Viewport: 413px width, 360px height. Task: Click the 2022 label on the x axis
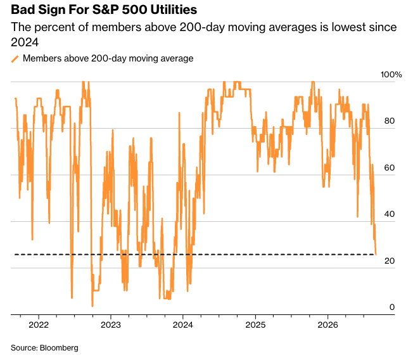coord(39,325)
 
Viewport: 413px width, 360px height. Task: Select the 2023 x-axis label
coord(111,325)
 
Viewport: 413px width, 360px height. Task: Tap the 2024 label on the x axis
coord(183,325)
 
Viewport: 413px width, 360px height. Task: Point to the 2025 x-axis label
coord(255,325)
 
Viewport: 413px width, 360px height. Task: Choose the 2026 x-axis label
coord(327,325)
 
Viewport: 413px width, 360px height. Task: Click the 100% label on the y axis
coord(391,75)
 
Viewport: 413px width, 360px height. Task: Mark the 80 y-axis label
coord(390,121)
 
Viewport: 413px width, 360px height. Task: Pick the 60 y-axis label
coord(390,167)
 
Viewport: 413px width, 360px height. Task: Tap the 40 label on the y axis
coord(390,214)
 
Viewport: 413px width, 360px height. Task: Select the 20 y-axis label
coord(390,261)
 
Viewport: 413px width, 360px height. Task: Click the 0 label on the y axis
coord(392,307)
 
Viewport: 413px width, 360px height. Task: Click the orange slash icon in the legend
coord(15,59)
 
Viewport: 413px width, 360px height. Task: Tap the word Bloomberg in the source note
coord(59,348)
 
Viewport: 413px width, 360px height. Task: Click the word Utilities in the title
coord(174,10)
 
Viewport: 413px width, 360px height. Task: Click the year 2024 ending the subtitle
coord(25,42)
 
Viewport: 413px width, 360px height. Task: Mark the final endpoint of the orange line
coord(376,254)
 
